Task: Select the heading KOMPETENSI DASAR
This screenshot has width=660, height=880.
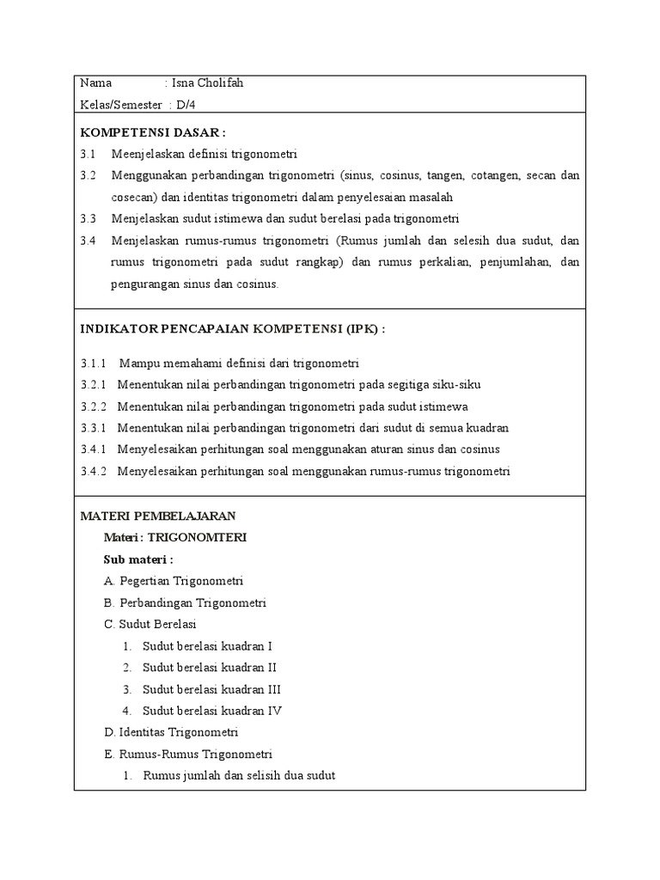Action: coord(152,133)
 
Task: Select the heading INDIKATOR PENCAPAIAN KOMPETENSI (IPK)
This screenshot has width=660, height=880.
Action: coord(232,329)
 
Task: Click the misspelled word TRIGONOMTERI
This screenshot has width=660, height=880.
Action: coord(198,537)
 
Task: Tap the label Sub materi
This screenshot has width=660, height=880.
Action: coord(137,559)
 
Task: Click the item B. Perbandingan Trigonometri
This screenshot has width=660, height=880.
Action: coord(185,602)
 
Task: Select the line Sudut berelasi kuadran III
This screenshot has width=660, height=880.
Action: coord(211,689)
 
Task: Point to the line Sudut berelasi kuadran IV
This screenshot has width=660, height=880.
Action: coord(211,711)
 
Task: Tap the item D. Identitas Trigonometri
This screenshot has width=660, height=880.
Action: coord(170,732)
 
